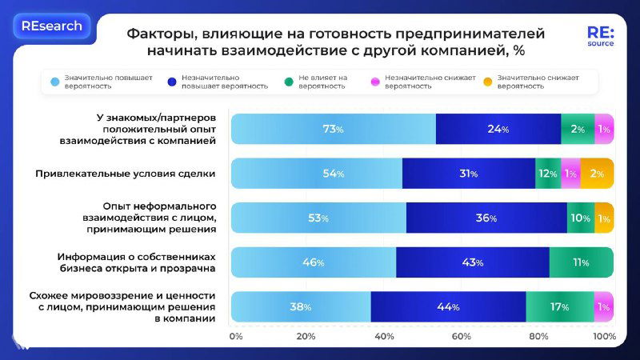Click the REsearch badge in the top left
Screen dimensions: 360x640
[x=52, y=26]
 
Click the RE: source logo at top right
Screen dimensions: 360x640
[x=600, y=36]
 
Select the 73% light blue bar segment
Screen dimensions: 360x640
[x=334, y=129]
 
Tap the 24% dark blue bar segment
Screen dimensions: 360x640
[x=498, y=129]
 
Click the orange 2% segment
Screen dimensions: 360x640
[x=597, y=174]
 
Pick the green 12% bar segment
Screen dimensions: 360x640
[x=547, y=174]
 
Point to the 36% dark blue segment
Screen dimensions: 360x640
[x=486, y=218]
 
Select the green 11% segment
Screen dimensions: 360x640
[x=581, y=262]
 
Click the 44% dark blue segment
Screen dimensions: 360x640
[x=448, y=307]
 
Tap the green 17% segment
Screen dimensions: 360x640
[x=560, y=307]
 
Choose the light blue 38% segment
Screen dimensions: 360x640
[x=301, y=307]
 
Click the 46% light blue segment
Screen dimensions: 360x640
[x=314, y=262]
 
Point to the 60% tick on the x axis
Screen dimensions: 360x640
[x=461, y=337]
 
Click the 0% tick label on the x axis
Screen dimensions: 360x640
[x=236, y=337]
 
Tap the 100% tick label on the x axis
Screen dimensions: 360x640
[x=604, y=337]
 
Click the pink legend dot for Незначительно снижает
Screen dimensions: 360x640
[x=375, y=82]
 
